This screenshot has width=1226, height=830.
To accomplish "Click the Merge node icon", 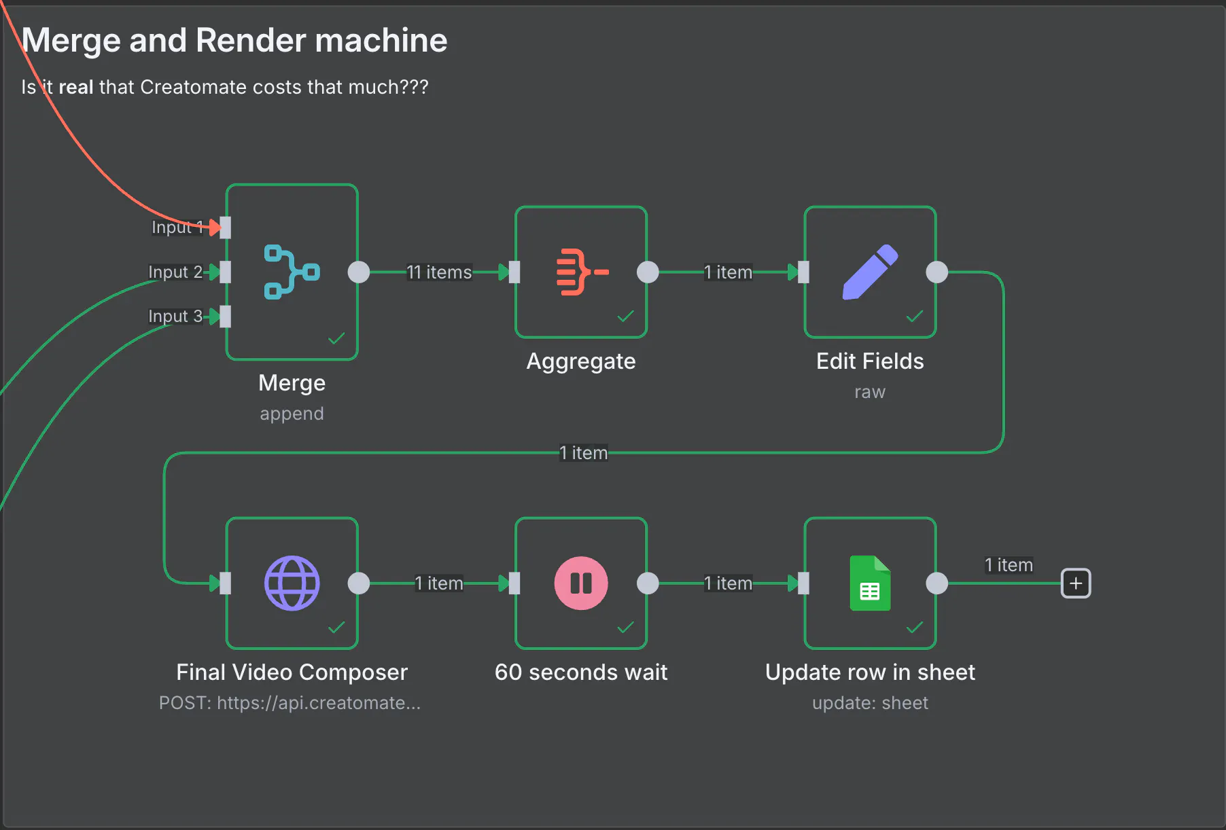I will pyautogui.click(x=292, y=272).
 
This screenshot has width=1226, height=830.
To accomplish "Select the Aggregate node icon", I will pyautogui.click(x=582, y=272).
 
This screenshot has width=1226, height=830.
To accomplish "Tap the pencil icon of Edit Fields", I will pyautogui.click(x=870, y=272).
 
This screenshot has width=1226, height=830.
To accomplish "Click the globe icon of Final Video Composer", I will pyautogui.click(x=292, y=583).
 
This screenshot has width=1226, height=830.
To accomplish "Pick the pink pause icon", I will pyautogui.click(x=581, y=583).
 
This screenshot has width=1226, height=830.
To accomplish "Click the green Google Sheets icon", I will pyautogui.click(x=870, y=583).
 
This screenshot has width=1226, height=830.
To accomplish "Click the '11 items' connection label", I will pyautogui.click(x=439, y=272).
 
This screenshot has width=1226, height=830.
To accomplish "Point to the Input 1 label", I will pyautogui.click(x=177, y=228).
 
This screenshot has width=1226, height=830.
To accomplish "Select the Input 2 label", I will pyautogui.click(x=175, y=272).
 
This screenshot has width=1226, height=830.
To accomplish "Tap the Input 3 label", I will pyautogui.click(x=175, y=317).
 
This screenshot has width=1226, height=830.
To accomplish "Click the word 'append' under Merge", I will pyautogui.click(x=292, y=414).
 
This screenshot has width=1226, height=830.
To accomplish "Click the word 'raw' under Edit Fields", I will pyautogui.click(x=870, y=392).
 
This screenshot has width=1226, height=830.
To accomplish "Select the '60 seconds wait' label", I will pyautogui.click(x=581, y=672).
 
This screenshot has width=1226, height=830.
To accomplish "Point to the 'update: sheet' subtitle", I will pyautogui.click(x=870, y=703).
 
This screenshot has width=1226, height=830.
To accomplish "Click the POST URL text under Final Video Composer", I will pyautogui.click(x=290, y=703).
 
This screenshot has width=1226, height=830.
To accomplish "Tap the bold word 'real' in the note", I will pyautogui.click(x=75, y=88).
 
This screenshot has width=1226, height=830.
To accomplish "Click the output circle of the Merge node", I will pyautogui.click(x=359, y=272).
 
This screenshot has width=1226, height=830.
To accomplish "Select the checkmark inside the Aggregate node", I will pyautogui.click(x=625, y=317).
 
